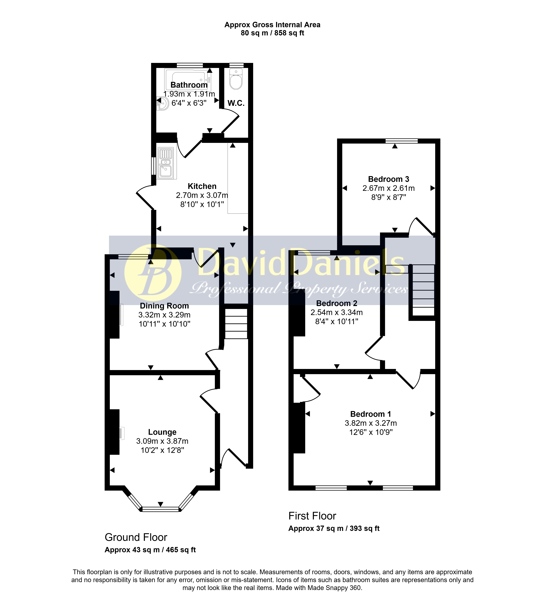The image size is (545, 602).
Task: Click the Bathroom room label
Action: [x=189, y=85]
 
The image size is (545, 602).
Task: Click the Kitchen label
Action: [x=202, y=186]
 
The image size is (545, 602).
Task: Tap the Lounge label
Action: [x=162, y=432]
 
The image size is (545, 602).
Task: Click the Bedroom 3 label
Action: [x=388, y=179]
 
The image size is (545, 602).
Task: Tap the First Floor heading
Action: [x=312, y=516]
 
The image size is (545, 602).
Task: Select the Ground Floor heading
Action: [x=136, y=537]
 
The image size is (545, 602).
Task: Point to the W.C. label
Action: [x=236, y=103]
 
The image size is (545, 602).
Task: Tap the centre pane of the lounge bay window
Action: [x=161, y=509]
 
